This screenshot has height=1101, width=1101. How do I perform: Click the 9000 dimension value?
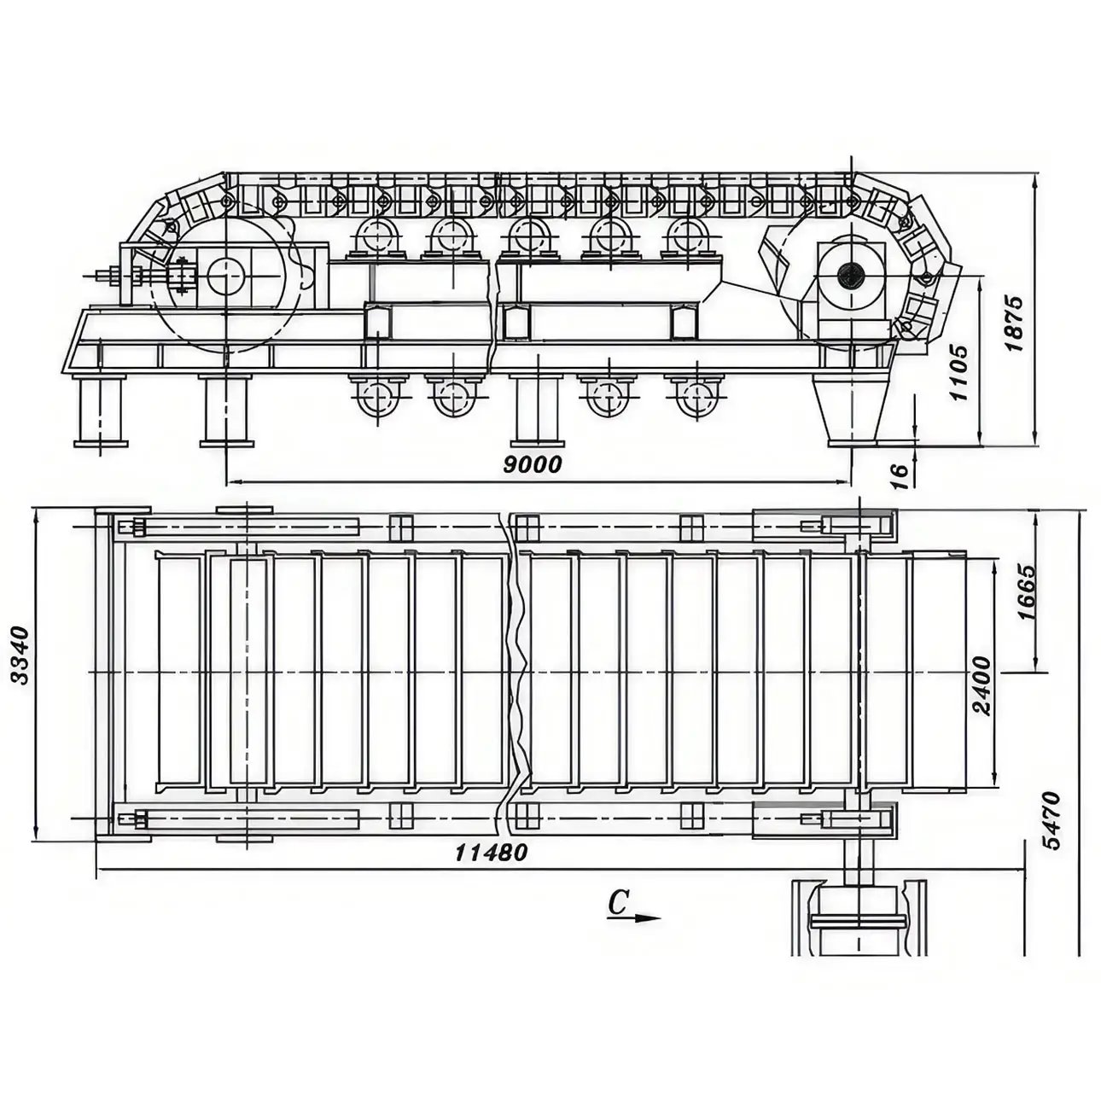coord(532,464)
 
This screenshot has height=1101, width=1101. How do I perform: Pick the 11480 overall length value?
coord(492,853)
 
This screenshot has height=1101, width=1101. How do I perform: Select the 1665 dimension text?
coord(1027,592)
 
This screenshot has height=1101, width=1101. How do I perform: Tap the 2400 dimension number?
coord(982,686)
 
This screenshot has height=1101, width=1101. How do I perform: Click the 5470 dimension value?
coord(1051,820)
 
